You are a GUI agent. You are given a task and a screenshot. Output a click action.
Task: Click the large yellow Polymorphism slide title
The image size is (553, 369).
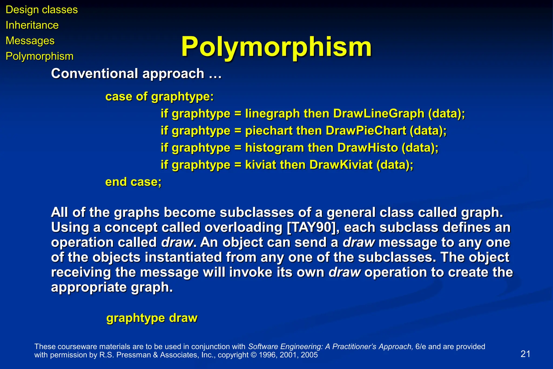[276, 47]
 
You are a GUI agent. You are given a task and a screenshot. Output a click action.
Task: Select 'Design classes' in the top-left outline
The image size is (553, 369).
[42, 10]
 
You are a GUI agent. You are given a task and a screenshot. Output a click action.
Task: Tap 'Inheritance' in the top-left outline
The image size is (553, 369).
[32, 25]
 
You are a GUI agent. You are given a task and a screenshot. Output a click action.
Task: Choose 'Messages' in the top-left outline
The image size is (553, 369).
[30, 41]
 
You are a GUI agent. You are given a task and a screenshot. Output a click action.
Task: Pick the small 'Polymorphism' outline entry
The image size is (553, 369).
[39, 56]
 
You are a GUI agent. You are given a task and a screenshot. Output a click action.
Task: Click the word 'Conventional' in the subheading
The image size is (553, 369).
[95, 74]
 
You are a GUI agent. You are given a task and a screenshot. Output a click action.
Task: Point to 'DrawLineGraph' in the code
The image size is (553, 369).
[379, 114]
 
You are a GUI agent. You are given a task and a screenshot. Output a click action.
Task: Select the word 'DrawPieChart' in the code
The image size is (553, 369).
[366, 131]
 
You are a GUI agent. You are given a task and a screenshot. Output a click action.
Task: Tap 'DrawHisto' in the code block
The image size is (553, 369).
[367, 148]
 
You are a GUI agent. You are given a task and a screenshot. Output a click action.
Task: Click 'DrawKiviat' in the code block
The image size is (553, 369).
[341, 165]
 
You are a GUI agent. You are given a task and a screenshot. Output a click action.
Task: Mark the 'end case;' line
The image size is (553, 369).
[133, 182]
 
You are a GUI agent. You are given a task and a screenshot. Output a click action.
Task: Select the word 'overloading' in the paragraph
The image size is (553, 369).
[243, 227]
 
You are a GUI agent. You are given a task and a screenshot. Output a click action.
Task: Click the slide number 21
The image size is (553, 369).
[525, 354]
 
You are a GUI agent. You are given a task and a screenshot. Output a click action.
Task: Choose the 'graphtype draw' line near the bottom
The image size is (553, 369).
[152, 318]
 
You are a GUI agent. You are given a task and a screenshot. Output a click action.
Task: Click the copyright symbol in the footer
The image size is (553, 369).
[254, 355]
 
